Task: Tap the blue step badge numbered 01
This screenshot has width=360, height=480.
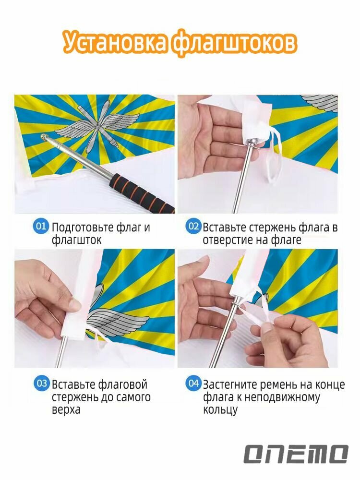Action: coord(41,227)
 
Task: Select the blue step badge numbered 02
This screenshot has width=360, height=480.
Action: coord(193,227)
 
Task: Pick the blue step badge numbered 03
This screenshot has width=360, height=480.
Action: coord(41,384)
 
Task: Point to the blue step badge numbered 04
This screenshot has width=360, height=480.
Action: coord(193,384)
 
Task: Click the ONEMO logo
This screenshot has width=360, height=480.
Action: coord(296,454)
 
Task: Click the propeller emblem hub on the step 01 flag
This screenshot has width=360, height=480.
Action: coord(98,126)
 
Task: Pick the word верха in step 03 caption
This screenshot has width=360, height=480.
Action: coord(66,409)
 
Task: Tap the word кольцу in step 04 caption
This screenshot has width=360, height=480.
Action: coord(220,409)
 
